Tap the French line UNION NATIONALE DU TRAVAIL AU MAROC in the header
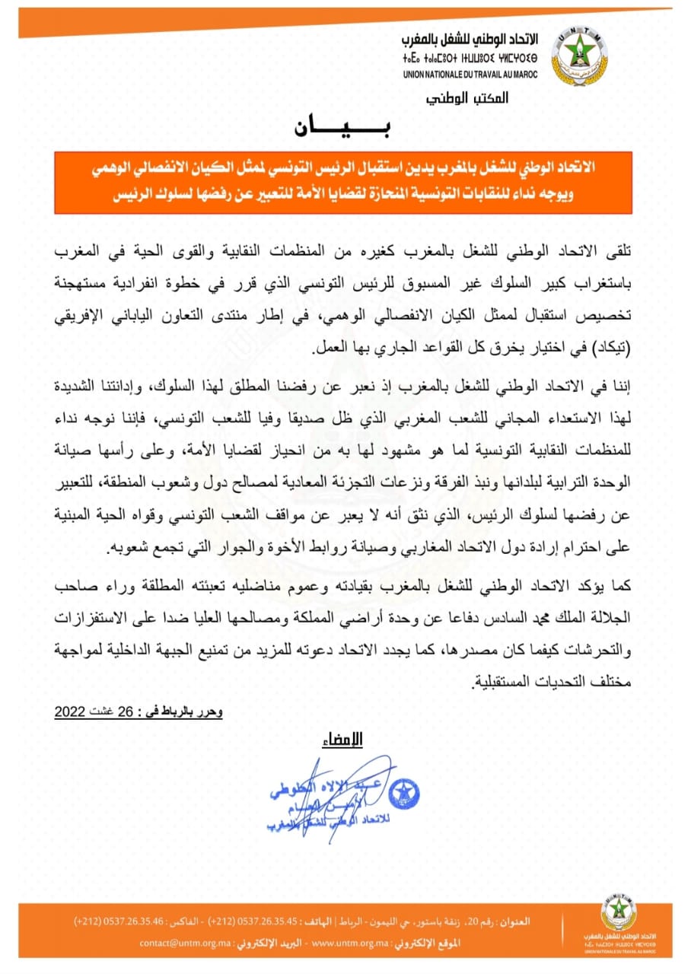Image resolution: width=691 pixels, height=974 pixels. pyautogui.click(x=470, y=74)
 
